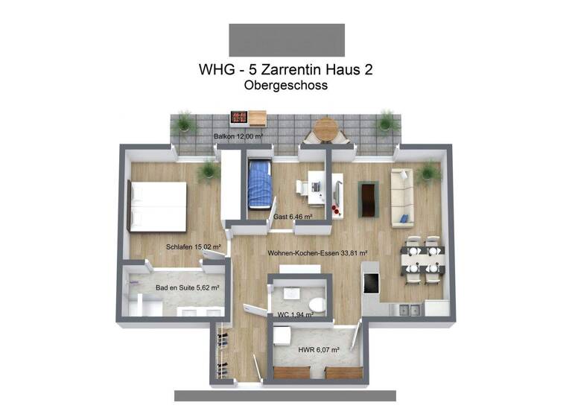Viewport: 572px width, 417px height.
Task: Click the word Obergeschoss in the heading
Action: tap(286, 86)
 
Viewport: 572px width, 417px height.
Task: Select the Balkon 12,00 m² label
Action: tap(239, 137)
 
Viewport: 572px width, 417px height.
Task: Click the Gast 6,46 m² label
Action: tap(292, 217)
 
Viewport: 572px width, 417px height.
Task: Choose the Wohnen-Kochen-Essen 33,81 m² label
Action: tap(318, 253)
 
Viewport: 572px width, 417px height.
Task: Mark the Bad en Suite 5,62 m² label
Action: tap(187, 287)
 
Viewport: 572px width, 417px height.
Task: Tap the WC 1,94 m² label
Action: tap(294, 315)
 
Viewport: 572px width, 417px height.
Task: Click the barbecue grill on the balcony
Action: tap(239, 117)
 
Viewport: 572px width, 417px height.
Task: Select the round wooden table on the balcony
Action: tap(325, 129)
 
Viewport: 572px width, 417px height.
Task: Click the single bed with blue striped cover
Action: tap(258, 185)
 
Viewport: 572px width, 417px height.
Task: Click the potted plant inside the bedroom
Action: tap(206, 172)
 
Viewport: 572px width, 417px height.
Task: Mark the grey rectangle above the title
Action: tap(287, 39)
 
